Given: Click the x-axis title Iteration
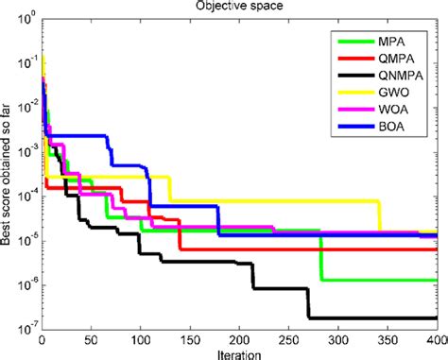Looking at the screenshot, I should (x=235, y=352).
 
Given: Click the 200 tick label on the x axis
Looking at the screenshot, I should (x=238, y=338).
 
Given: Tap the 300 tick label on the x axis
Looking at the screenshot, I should (x=336, y=338).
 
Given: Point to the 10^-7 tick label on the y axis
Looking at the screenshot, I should (x=28, y=327).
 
